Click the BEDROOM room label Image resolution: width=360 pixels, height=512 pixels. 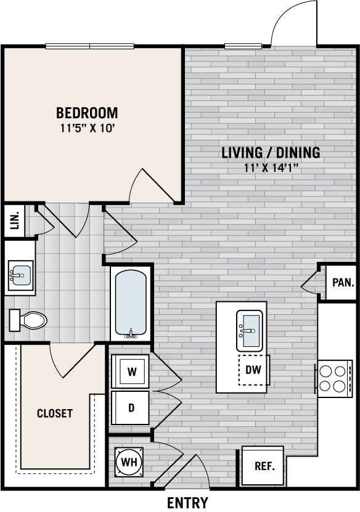pyautogui.click(x=87, y=113)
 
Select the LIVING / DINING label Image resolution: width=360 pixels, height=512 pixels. pyautogui.click(x=271, y=153)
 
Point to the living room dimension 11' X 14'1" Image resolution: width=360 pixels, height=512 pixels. pyautogui.click(x=271, y=168)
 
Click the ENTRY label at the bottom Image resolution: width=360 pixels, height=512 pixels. pyautogui.click(x=187, y=503)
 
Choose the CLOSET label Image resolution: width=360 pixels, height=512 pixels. pyautogui.click(x=55, y=413)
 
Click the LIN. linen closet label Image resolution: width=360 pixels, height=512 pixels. pyautogui.click(x=14, y=220)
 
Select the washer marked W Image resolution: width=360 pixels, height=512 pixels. pyautogui.click(x=131, y=372)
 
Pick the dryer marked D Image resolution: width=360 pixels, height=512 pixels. pyautogui.click(x=131, y=408)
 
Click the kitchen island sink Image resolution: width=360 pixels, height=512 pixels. pyautogui.click(x=249, y=330)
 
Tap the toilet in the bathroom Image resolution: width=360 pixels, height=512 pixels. pyautogui.click(x=29, y=320)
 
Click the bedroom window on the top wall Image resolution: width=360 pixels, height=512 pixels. pyautogui.click(x=90, y=46)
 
